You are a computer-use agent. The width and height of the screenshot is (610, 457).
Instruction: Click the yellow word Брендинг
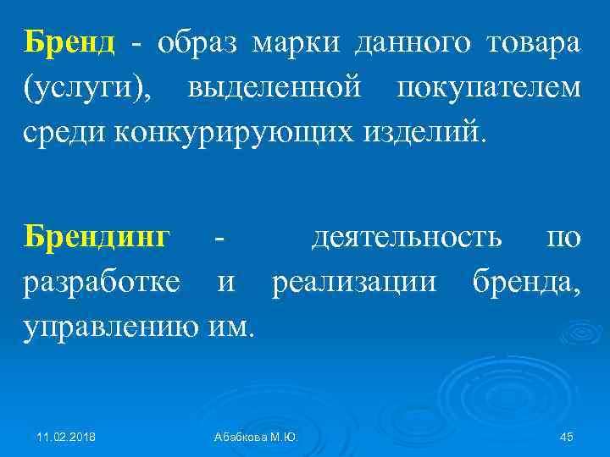click(x=97, y=237)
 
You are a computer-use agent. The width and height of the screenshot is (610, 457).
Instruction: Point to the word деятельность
click(x=407, y=237)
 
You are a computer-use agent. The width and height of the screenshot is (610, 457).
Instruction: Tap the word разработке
click(x=102, y=282)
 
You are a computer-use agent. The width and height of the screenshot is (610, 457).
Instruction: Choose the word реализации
click(x=355, y=282)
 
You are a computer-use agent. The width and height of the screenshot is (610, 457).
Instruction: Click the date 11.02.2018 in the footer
click(x=66, y=436)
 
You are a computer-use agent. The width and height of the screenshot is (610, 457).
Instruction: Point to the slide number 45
click(x=567, y=436)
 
